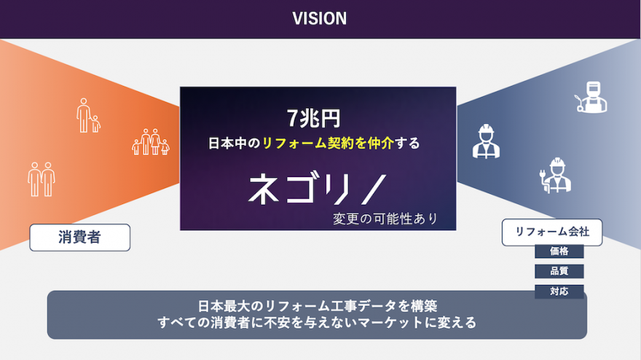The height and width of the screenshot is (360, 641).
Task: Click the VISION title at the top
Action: (319, 18)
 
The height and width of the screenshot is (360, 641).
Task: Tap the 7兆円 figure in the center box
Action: (313, 118)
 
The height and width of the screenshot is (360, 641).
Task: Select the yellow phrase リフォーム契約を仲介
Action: (328, 143)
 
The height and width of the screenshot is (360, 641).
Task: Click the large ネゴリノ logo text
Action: (318, 189)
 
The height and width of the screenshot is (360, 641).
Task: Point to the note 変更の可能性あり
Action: (385, 219)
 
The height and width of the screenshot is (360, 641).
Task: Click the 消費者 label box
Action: (79, 238)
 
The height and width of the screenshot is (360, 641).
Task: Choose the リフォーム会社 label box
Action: (552, 232)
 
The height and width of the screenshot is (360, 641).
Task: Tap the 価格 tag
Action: (559, 251)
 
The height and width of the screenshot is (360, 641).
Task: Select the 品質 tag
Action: (559, 271)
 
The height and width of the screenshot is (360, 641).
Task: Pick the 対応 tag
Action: (559, 291)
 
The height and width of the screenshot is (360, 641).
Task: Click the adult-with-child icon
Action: (88, 115)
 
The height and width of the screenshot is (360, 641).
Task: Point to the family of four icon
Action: (151, 142)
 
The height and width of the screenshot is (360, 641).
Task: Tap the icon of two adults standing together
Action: (42, 179)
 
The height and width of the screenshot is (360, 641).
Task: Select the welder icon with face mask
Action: (591, 97)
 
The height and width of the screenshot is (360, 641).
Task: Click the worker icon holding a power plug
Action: (555, 175)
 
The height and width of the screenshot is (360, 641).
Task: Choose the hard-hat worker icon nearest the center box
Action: (486, 141)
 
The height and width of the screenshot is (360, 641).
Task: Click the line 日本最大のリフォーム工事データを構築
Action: (318, 306)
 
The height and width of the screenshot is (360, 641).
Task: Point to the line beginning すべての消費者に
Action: (318, 323)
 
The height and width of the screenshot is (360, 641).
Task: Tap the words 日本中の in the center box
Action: (235, 143)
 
